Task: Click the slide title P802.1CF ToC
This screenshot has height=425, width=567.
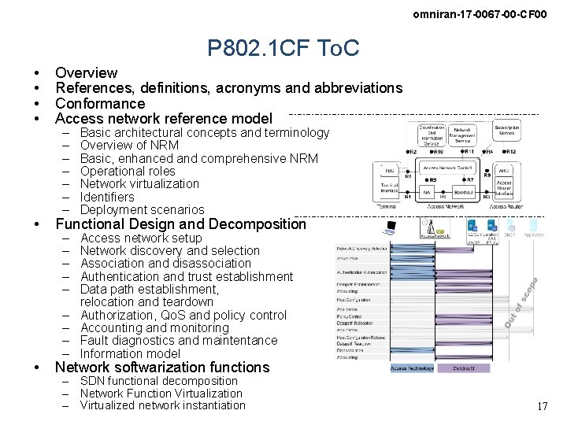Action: coord(283,49)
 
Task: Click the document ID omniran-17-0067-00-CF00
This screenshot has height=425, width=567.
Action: coord(480,14)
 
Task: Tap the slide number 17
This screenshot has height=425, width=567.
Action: coord(542,406)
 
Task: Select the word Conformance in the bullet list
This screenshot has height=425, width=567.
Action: coord(100,103)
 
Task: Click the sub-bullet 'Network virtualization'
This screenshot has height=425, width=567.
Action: coord(139,183)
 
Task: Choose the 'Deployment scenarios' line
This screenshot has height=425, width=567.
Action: coord(142,209)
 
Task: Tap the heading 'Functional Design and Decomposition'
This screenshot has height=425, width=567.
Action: coord(180,224)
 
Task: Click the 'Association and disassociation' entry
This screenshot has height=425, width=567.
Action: coord(165,263)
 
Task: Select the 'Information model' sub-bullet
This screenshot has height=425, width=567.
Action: coord(130,353)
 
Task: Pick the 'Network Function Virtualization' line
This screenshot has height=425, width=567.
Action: coord(161,393)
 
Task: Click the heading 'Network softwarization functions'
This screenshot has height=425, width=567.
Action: coord(162,367)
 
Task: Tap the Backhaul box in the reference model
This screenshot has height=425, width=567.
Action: coord(465,191)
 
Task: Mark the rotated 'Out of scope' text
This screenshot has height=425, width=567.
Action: coord(521,303)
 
